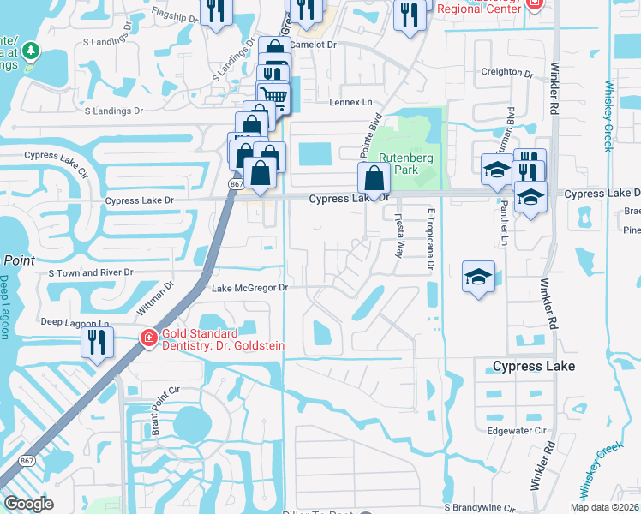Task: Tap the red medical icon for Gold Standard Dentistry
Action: [x=148, y=338]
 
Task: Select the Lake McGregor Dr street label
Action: [x=249, y=288]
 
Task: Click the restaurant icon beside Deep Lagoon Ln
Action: [x=97, y=343]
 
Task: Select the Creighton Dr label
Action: [x=513, y=72]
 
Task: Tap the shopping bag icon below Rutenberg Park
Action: [x=374, y=178]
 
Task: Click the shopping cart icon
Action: [x=273, y=95]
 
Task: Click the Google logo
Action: [x=29, y=503]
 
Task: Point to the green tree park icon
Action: [x=32, y=51]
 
